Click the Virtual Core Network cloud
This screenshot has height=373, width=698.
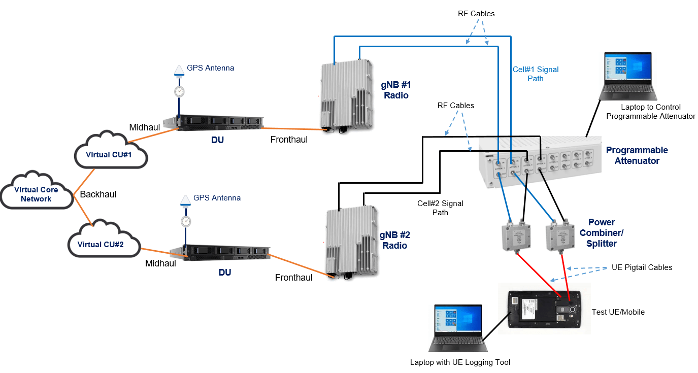coord(36,193)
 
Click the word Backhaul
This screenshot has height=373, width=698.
coord(98,194)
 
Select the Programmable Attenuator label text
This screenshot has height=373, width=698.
coord(637,155)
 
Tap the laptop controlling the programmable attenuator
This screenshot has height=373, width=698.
coord(627,76)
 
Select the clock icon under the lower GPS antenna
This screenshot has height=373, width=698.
coord(186,221)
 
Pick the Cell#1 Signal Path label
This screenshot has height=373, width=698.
coord(535,74)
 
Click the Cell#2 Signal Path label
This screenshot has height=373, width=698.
coord(440,208)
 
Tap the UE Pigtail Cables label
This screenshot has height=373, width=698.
coord(642,267)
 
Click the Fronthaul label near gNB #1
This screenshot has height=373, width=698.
coord(289,140)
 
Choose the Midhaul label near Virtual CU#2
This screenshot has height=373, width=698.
coord(160,263)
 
